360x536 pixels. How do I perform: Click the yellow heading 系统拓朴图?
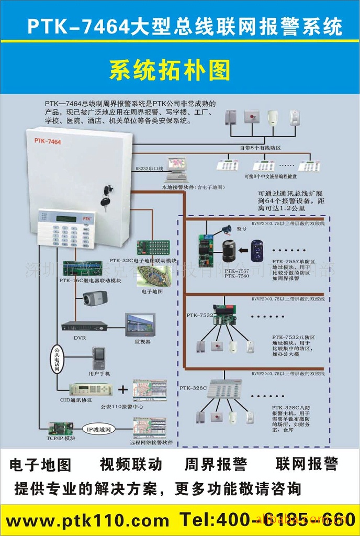coord(170,70)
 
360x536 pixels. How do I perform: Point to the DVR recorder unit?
coord(84,326)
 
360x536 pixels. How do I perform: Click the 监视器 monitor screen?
coord(140,325)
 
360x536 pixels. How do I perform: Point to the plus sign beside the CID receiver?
coord(122,389)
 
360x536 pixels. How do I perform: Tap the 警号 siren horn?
coord(227,228)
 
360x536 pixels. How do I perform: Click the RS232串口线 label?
coord(150,169)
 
